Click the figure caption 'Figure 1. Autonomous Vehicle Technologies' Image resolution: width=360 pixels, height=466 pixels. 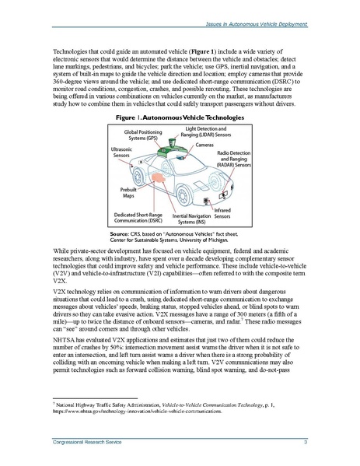pyautogui.click(x=179, y=117)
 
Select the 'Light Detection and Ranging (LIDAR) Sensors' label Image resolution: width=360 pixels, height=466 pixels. pyautogui.click(x=208, y=131)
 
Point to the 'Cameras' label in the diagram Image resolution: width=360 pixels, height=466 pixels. pyautogui.click(x=205, y=145)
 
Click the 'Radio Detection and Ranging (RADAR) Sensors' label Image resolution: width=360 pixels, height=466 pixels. pyautogui.click(x=232, y=159)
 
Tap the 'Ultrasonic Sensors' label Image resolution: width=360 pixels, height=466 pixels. pyautogui.click(x=121, y=152)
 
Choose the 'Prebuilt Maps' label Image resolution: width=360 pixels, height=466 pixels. pyautogui.click(x=131, y=192)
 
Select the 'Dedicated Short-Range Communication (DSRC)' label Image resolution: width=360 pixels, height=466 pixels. pyautogui.click(x=143, y=216)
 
